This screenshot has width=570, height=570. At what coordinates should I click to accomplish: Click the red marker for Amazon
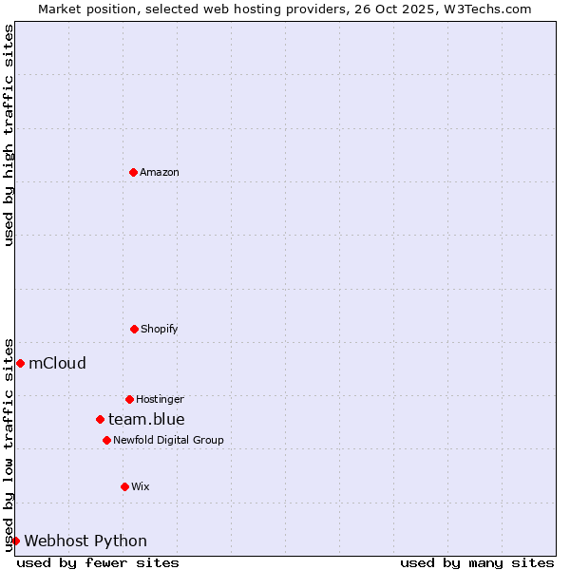pos(133,172)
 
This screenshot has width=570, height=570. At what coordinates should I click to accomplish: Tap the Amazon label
pos(160,173)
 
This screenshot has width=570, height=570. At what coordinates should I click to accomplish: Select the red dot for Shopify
pos(134,329)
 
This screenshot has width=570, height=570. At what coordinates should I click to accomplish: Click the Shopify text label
pos(160,330)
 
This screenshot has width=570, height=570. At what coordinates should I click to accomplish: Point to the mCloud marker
pos(20,363)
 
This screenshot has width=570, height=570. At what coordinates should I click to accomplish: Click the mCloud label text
pos(58,364)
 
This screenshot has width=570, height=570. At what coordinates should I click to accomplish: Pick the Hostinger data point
pos(129,399)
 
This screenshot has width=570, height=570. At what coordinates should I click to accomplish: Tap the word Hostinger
pos(160,400)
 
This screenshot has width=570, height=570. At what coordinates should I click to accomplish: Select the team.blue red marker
pos(100,419)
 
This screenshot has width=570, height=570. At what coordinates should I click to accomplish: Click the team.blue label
pos(146,420)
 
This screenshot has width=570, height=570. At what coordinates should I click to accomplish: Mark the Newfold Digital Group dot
pos(106,440)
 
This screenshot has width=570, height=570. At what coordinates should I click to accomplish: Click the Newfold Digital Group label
pos(168,441)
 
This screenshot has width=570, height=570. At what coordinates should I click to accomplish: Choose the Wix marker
pos(124,486)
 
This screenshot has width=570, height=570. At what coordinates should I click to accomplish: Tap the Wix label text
pos(141,487)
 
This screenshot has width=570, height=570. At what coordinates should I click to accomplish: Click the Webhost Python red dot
pos(15,541)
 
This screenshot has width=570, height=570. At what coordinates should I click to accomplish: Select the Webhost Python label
pos(85,541)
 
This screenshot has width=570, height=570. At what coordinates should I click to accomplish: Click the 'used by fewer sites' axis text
pos(98,562)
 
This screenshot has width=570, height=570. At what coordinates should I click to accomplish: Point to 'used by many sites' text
pos(477,562)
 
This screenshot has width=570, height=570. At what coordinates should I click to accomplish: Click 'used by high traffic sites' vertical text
pos(9,135)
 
